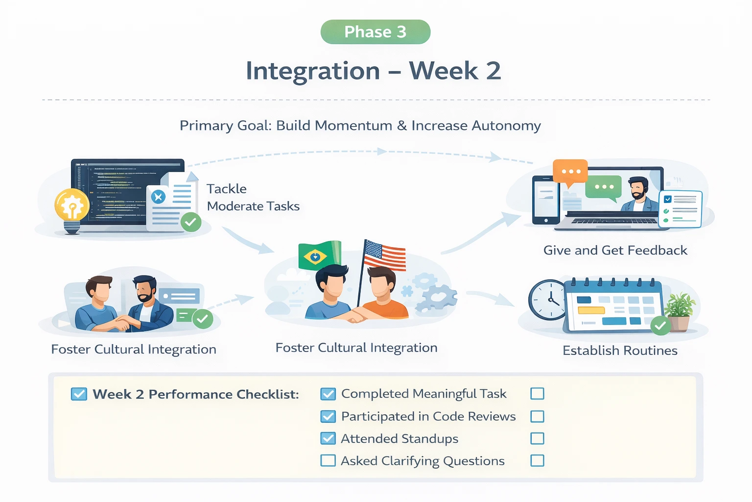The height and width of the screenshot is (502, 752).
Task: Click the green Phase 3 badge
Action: pyautogui.click(x=376, y=32)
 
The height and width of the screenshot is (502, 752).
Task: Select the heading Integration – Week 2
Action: pyautogui.click(x=374, y=71)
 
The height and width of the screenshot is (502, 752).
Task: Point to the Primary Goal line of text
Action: pyautogui.click(x=360, y=125)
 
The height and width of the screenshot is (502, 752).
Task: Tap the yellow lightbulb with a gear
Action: pyautogui.click(x=72, y=206)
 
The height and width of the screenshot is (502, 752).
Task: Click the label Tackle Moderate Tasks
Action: pyautogui.click(x=253, y=197)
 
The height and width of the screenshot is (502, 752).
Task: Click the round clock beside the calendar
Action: pyautogui.click(x=548, y=300)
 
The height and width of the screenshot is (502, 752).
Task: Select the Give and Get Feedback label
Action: pyautogui.click(x=615, y=251)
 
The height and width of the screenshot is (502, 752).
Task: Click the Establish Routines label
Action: pyautogui.click(x=620, y=351)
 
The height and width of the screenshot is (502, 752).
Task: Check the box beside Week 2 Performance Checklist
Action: pyautogui.click(x=79, y=394)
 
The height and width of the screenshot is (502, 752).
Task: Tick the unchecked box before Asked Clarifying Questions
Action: pyautogui.click(x=328, y=461)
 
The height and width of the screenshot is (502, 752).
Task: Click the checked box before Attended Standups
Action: pyautogui.click(x=328, y=438)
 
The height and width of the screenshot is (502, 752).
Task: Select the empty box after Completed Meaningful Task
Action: pyautogui.click(x=537, y=394)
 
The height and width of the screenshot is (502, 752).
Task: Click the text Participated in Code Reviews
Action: pyautogui.click(x=428, y=416)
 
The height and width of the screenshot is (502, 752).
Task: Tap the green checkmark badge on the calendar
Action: pyautogui.click(x=660, y=326)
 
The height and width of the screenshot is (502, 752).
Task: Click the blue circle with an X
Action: pyautogui.click(x=158, y=197)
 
